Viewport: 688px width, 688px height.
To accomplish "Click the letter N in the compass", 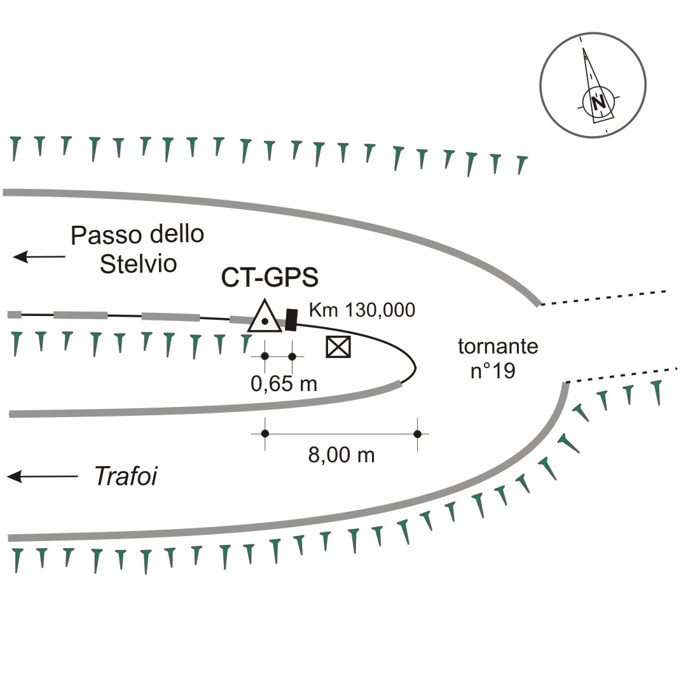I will pos(597,102).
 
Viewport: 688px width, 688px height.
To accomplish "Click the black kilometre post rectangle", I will pos(292,320).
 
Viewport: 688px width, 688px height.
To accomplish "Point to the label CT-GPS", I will pos(270,278).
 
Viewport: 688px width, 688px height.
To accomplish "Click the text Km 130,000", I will pos(362,310).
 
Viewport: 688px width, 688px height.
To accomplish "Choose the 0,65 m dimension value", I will pos(284,383).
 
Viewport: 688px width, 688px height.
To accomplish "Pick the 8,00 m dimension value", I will pos(341,455).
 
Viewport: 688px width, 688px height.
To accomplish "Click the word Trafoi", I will pos(126,476).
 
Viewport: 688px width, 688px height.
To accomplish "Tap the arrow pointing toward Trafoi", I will pos(42,476).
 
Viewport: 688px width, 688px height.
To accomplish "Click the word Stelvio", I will pos(137,263).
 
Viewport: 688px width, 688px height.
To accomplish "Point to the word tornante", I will pos(498,347).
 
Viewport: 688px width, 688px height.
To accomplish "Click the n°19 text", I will pos(493,371).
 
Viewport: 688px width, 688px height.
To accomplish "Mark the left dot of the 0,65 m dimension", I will pos(265,356).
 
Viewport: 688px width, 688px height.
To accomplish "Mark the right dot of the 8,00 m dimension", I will pos(418,434).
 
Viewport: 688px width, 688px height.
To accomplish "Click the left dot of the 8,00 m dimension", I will pos(265,434).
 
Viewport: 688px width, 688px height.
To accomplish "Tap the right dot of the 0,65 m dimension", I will pos(292,356).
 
